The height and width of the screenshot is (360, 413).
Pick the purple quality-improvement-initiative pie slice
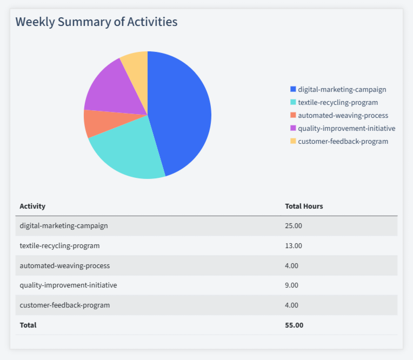(x=111, y=89)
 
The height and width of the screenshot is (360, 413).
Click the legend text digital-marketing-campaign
(x=342, y=89)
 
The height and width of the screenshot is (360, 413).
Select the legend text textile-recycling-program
(x=338, y=102)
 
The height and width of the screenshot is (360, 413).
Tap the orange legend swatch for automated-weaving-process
(x=293, y=115)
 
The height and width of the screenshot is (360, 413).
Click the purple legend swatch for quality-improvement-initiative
(x=293, y=128)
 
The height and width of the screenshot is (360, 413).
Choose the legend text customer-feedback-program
(x=343, y=141)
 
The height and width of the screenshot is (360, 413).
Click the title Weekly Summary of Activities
(x=96, y=22)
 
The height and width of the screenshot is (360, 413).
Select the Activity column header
(x=32, y=206)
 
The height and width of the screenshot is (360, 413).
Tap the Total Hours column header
(x=304, y=206)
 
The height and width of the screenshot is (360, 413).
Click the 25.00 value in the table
(x=294, y=225)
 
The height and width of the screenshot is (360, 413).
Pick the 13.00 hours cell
(x=294, y=245)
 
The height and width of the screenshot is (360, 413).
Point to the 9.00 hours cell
(x=291, y=285)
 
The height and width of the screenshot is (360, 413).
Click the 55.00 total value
(x=294, y=325)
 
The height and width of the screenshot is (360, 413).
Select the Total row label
(x=28, y=325)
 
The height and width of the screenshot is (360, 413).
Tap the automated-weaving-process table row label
(x=64, y=265)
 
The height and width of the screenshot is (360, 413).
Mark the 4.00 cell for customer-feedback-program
(x=291, y=305)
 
